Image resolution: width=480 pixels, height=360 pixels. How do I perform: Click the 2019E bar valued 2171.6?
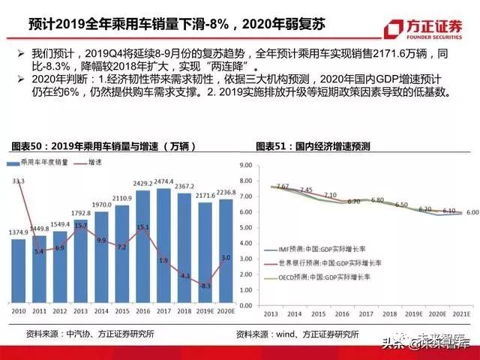205,250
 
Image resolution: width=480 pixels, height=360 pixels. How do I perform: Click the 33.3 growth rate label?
19,181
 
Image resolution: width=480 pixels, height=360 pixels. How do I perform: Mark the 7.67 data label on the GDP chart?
283,186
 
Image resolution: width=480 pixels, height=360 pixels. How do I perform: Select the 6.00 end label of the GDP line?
472,212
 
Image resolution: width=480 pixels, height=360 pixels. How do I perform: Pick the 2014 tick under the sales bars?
101,310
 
